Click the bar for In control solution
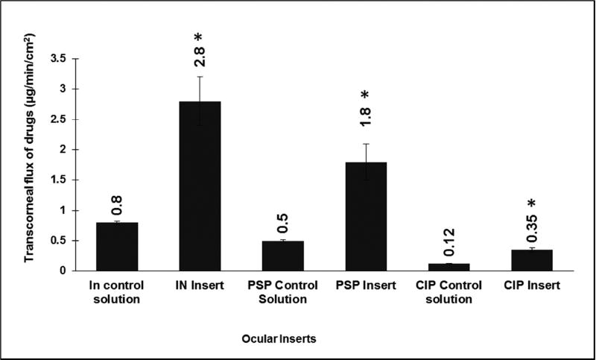point(116,246)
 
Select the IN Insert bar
point(199,186)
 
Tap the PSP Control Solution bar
point(282,255)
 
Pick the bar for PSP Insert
point(365,216)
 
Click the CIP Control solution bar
point(448,267)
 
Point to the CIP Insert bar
point(531,260)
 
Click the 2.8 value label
point(199,54)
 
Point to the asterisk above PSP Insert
point(366,96)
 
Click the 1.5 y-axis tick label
point(78,180)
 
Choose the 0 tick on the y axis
point(82,271)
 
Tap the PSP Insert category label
point(365,285)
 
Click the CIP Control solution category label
point(448,291)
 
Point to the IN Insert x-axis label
point(199,285)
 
